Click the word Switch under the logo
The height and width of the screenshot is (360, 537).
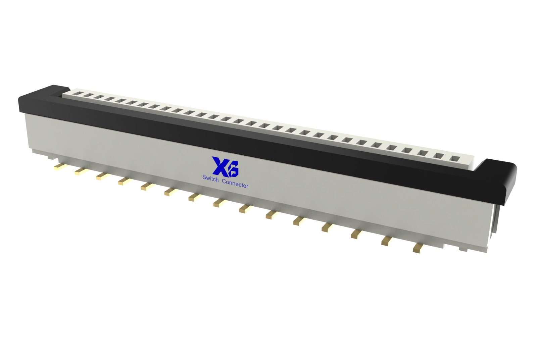coord(210,178)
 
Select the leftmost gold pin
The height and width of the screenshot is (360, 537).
coord(60,167)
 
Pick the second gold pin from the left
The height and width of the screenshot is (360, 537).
coord(81,171)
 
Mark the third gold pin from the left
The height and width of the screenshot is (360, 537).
coord(103,176)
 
